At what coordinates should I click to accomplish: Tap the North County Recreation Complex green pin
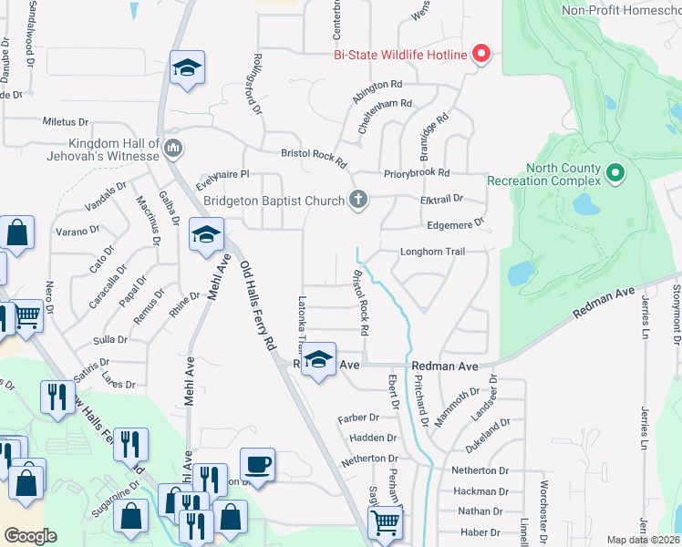tap(616, 171)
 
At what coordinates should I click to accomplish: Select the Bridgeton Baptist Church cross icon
tap(359, 201)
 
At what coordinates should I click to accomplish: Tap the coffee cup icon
tap(257, 464)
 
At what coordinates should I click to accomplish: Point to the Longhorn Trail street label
tap(433, 253)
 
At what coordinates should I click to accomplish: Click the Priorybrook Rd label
tap(418, 172)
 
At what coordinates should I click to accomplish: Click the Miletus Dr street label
tap(66, 121)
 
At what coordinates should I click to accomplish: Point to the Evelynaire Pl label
tap(222, 174)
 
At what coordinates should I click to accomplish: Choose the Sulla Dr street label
tap(110, 340)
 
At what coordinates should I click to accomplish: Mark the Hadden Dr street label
tap(371, 439)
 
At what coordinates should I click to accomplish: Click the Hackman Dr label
tap(480, 491)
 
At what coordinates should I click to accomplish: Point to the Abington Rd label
tap(377, 84)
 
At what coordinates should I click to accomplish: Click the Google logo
tap(30, 536)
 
